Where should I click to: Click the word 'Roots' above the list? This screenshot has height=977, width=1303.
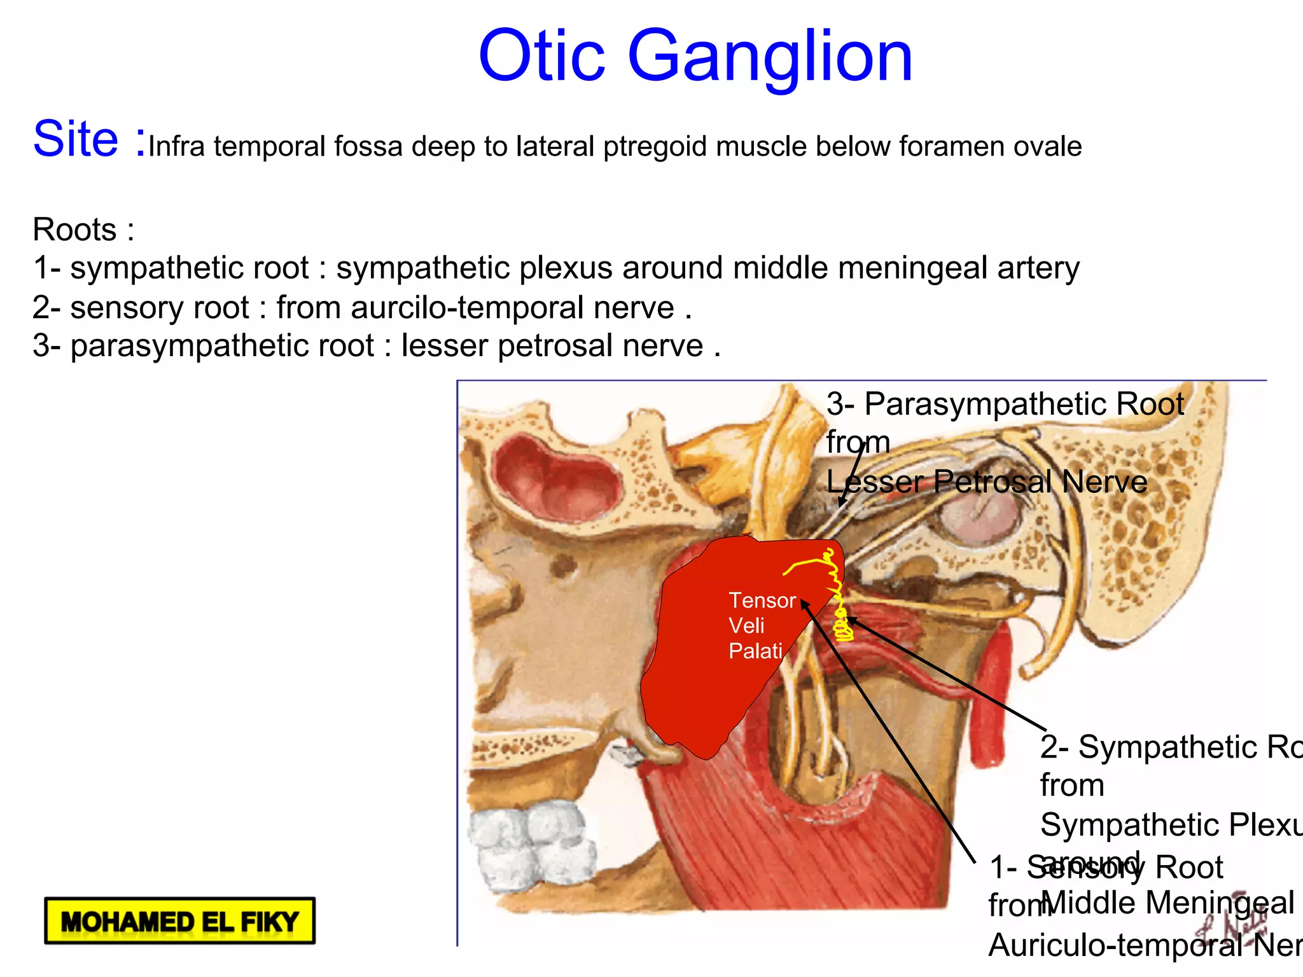(75, 230)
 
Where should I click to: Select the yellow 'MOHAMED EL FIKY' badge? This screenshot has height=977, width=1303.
(180, 920)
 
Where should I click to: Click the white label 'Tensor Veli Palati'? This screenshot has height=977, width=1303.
(761, 625)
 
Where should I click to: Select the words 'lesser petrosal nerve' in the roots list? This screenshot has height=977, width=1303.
(552, 346)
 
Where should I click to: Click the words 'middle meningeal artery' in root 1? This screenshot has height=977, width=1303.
(906, 268)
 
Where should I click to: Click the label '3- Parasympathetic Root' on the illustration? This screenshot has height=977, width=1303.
(1005, 404)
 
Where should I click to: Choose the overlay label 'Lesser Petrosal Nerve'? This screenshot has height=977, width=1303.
(987, 482)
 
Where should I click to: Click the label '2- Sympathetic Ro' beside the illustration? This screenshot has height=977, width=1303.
(1171, 747)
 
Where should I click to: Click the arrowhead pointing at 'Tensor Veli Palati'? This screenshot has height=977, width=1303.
(804, 602)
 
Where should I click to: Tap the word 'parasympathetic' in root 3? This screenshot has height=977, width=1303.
(223, 346)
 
